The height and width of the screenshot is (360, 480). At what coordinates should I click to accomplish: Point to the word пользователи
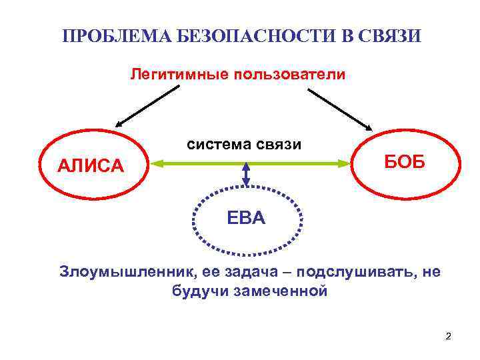pyautogui.click(x=288, y=73)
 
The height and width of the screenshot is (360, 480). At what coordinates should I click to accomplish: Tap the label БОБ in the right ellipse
pyautogui.click(x=403, y=160)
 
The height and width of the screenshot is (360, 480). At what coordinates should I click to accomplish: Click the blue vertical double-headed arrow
pyautogui.click(x=246, y=175)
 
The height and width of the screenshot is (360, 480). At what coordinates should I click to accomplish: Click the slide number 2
pyautogui.click(x=448, y=335)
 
